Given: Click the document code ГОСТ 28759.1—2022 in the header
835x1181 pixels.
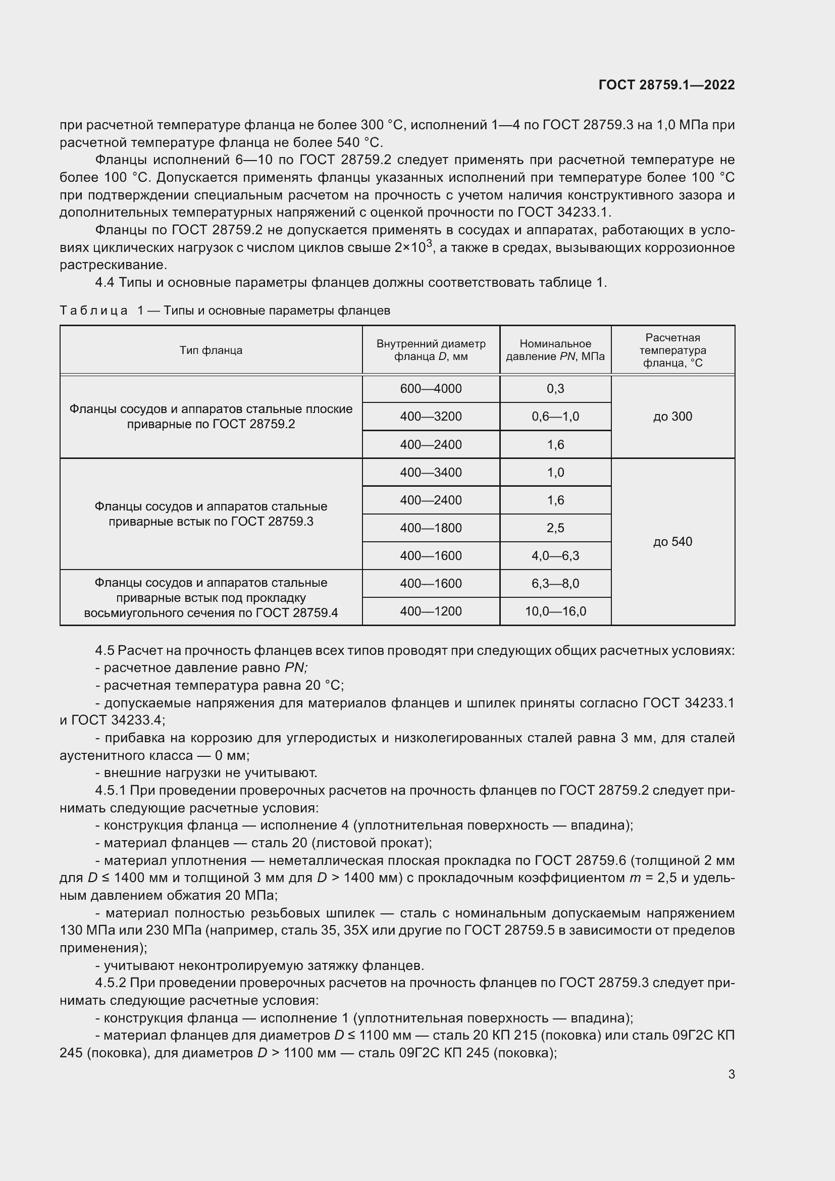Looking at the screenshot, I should click(666, 85).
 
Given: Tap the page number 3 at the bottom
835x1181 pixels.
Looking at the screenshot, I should click(731, 1074).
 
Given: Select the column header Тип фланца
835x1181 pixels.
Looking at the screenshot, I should click(211, 350).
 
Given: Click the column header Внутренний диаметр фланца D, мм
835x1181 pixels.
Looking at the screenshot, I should click(431, 350).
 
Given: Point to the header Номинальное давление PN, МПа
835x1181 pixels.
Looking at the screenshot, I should click(555, 350).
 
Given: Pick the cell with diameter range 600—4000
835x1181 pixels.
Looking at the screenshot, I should click(431, 389).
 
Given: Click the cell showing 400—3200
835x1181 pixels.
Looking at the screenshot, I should click(431, 417).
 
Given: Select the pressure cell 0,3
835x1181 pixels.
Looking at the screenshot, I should click(555, 389).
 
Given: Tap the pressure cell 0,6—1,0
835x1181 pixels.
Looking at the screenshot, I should click(555, 417).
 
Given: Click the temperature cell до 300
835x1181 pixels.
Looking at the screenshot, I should click(672, 417).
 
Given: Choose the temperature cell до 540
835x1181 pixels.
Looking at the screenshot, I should click(672, 542).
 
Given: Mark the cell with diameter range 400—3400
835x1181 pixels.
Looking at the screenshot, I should click(431, 472).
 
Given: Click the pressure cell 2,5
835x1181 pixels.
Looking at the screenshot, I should click(555, 528).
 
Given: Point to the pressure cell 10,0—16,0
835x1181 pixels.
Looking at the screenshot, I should click(555, 611).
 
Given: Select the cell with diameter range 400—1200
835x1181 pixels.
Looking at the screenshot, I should click(431, 611).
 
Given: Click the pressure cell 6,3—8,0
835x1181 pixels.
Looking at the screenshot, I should click(555, 583).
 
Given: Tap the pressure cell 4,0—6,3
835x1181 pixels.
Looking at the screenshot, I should click(555, 555).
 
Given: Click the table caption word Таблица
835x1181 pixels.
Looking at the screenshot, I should click(93, 311).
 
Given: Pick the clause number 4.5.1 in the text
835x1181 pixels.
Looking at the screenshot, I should click(111, 791).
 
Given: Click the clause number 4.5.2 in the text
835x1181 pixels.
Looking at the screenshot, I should click(111, 983).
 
